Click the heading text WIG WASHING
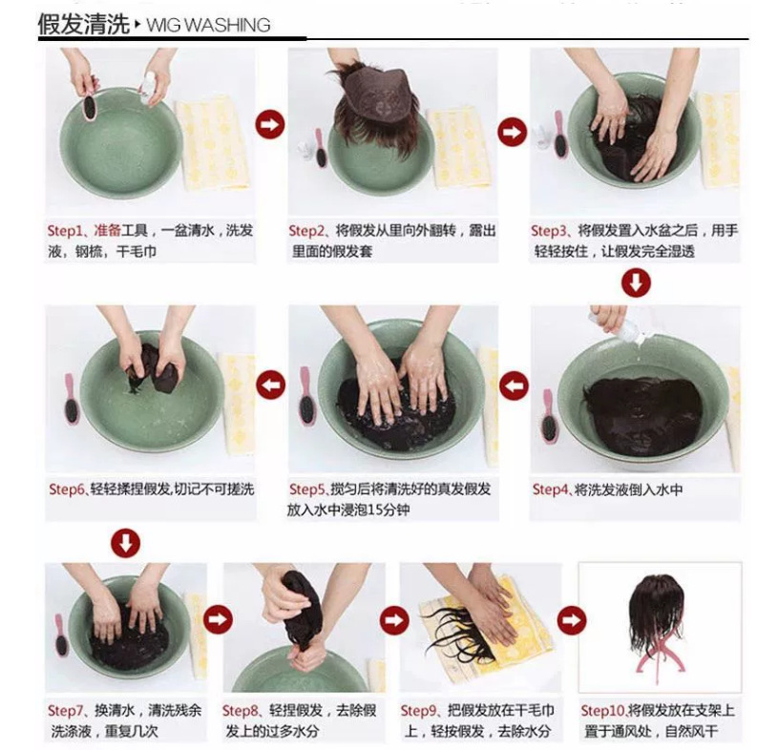tap(209, 25)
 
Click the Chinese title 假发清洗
tap(83, 25)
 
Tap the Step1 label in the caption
tap(66, 231)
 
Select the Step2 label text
tap(307, 231)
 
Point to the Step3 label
tap(549, 231)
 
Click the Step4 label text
tap(551, 490)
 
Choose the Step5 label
tap(307, 490)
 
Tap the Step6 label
tap(68, 490)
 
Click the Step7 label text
tap(67, 711)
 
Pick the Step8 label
tap(242, 711)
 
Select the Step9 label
tap(418, 711)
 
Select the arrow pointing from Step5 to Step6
tap(273, 385)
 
